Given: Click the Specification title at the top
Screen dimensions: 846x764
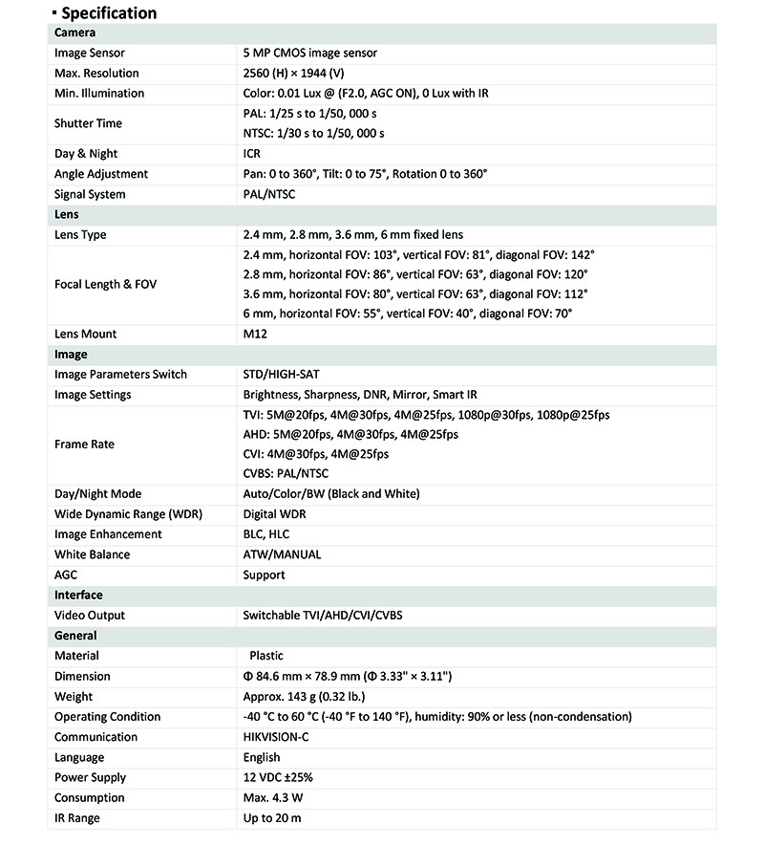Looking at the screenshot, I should tap(108, 13).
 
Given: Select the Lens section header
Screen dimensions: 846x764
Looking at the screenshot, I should tap(67, 215).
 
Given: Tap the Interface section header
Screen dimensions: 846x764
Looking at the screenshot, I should tap(78, 595).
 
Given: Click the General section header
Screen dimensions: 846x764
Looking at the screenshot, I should tap(75, 635).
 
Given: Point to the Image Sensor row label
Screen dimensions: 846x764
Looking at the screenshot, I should tap(90, 54).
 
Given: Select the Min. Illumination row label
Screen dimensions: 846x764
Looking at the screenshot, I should tap(99, 94).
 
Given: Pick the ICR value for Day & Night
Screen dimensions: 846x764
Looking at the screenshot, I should tap(252, 154).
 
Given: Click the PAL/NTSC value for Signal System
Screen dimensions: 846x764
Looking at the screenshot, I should tap(269, 194).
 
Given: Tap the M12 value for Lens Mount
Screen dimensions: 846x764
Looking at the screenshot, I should tap(254, 335).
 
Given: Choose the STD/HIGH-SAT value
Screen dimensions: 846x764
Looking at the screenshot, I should tap(287, 375).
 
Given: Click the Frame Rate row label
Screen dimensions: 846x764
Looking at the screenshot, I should tap(84, 445).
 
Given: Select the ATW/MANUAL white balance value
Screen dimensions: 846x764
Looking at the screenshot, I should tap(282, 554).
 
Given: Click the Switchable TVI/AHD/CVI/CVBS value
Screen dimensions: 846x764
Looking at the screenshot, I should tap(323, 616).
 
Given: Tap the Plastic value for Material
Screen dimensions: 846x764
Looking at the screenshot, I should tap(266, 656).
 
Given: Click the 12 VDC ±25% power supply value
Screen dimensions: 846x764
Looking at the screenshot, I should tap(278, 777).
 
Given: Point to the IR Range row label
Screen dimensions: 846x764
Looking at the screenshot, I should tap(77, 818).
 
